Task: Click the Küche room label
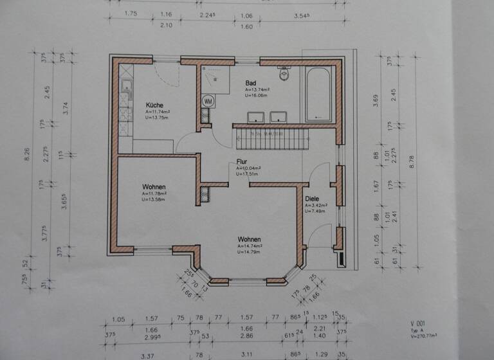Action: pyautogui.click(x=154, y=105)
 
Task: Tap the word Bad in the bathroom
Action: pyautogui.click(x=251, y=84)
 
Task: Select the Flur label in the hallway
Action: pyautogui.click(x=242, y=163)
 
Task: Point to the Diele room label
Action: pyautogui.click(x=312, y=199)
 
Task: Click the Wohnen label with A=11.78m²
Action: pyautogui.click(x=154, y=187)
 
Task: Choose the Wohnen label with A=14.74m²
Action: pyautogui.click(x=248, y=239)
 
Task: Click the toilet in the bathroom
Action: pyautogui.click(x=285, y=75)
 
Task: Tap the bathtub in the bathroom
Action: pyautogui.click(x=318, y=95)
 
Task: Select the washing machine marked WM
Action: pyautogui.click(x=208, y=101)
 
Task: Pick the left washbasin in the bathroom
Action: pyautogui.click(x=255, y=116)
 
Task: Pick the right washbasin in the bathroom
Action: pyautogui.click(x=279, y=116)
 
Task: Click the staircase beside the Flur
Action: pyautogui.click(x=266, y=136)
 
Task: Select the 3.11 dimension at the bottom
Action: pyautogui.click(x=245, y=353)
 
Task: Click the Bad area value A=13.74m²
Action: pyautogui.click(x=257, y=90)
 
